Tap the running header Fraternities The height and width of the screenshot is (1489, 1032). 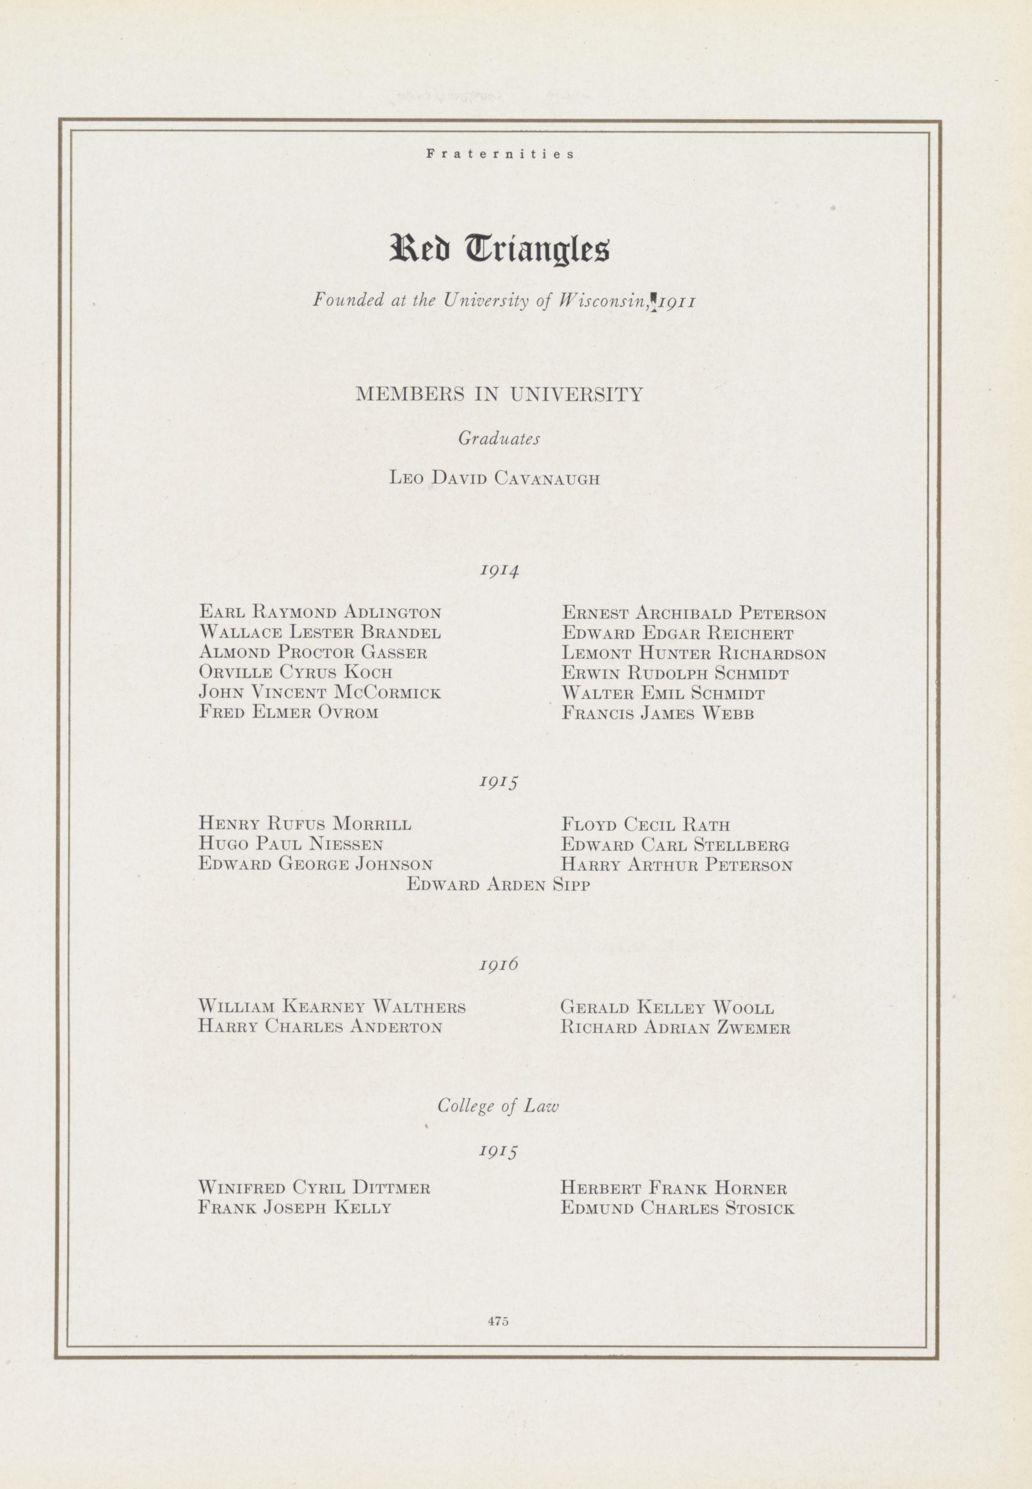pyautogui.click(x=500, y=155)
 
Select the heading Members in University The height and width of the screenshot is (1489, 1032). pyautogui.click(x=499, y=394)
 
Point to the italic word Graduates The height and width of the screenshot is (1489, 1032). pyautogui.click(x=499, y=439)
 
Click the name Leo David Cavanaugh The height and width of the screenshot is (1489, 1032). pyautogui.click(x=495, y=478)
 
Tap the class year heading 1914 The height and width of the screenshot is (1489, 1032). pyautogui.click(x=499, y=571)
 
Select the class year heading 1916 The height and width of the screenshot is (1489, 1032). pyautogui.click(x=499, y=964)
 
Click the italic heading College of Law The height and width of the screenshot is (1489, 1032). pyautogui.click(x=498, y=1106)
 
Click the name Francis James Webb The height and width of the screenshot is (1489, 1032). pyautogui.click(x=658, y=713)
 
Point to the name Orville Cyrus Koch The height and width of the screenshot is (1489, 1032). pyautogui.click(x=296, y=672)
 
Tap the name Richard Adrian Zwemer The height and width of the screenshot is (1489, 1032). pyautogui.click(x=675, y=1028)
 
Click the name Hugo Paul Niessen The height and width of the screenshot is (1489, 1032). pyautogui.click(x=290, y=844)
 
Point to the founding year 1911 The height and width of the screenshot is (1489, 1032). pyautogui.click(x=676, y=301)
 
